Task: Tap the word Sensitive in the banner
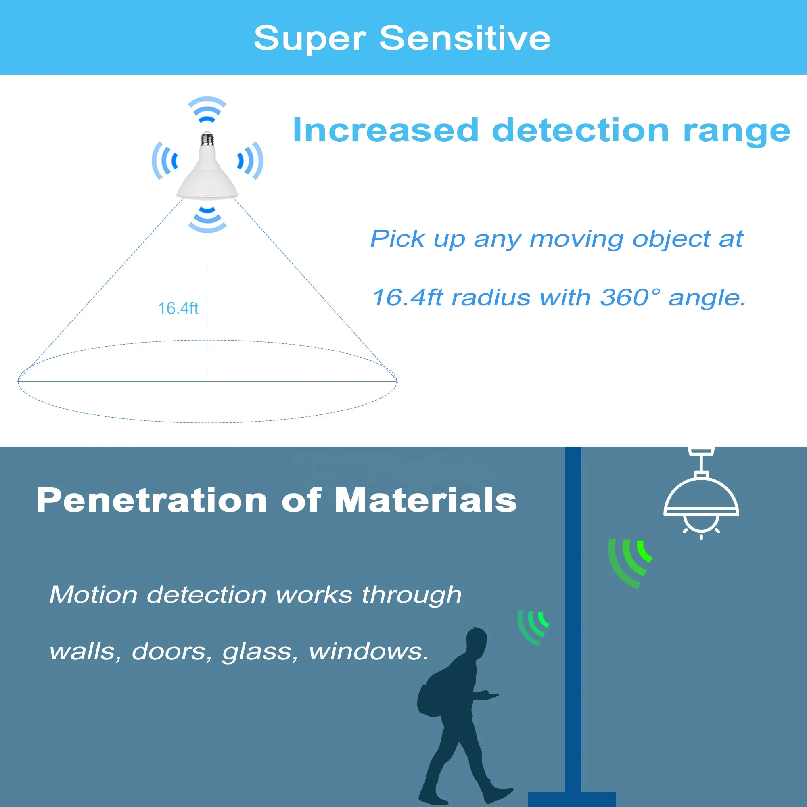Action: (464, 38)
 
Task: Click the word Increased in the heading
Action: (385, 130)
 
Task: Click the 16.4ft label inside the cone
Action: (178, 308)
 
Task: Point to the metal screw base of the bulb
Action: (207, 139)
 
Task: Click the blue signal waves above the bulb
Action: (207, 110)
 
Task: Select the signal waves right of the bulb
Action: (250, 161)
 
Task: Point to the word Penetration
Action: (152, 500)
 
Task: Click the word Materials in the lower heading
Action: (426, 500)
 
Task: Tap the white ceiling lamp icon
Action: (701, 497)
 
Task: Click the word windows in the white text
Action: (368, 651)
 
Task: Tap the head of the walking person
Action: (476, 641)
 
